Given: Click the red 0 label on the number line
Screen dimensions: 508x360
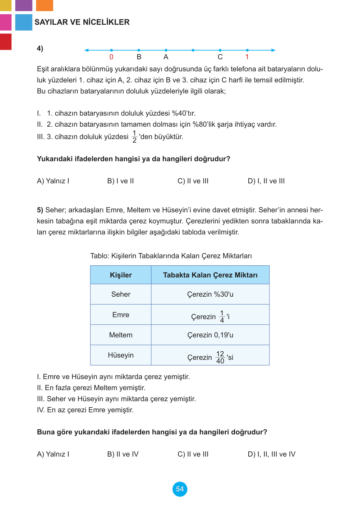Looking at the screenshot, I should (111, 57).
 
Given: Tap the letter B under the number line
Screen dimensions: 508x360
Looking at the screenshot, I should (139, 57).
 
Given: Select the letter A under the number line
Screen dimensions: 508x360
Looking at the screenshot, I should (166, 57).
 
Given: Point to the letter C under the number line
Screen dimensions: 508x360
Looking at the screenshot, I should (220, 57).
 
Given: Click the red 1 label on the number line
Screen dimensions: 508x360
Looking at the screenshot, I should (247, 57).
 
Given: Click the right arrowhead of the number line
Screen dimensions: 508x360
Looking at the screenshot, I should (273, 50).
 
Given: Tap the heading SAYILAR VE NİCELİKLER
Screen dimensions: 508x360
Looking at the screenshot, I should (82, 22).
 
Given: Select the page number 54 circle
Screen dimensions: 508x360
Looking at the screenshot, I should (180, 489).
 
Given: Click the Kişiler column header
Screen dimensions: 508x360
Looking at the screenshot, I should (121, 275).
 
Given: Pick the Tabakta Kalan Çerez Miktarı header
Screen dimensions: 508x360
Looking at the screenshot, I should (210, 275).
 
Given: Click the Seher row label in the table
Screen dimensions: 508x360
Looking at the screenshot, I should (121, 294).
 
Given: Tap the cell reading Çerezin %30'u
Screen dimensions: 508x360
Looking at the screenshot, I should (210, 294).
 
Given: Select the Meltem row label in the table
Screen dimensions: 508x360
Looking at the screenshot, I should (121, 335).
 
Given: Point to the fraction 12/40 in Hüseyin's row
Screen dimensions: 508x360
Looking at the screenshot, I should (220, 357).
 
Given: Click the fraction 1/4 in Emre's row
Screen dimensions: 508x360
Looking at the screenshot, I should (222, 317).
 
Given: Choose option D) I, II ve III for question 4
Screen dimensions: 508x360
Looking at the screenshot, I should (266, 181).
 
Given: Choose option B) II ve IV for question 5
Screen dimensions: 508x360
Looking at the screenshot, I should (123, 454).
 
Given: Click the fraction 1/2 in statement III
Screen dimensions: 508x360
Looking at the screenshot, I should (134, 137).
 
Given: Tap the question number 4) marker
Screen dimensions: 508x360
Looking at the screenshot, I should (40, 49).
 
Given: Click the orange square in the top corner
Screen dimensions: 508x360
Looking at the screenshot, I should (45, 5).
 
